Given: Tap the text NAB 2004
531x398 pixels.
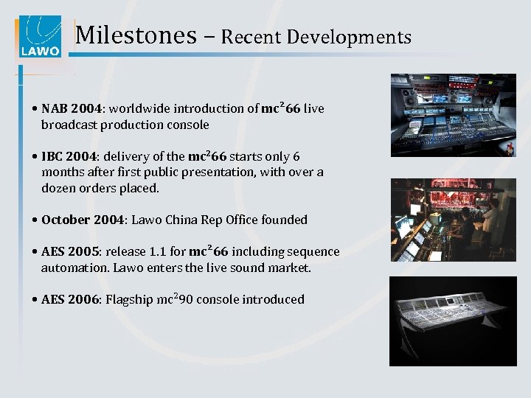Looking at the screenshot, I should point(72,109).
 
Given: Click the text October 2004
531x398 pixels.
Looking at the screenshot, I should point(83,220).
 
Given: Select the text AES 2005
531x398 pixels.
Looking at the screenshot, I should point(71,252).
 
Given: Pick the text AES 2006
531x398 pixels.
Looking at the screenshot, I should point(71,300).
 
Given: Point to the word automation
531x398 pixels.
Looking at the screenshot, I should point(74,268).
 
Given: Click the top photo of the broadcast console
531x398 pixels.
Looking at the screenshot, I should point(453,114).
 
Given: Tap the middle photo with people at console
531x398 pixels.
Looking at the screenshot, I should point(453,220).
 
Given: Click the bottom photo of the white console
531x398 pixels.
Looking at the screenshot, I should point(453,321).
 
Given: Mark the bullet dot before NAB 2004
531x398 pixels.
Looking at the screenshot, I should point(36,109).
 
